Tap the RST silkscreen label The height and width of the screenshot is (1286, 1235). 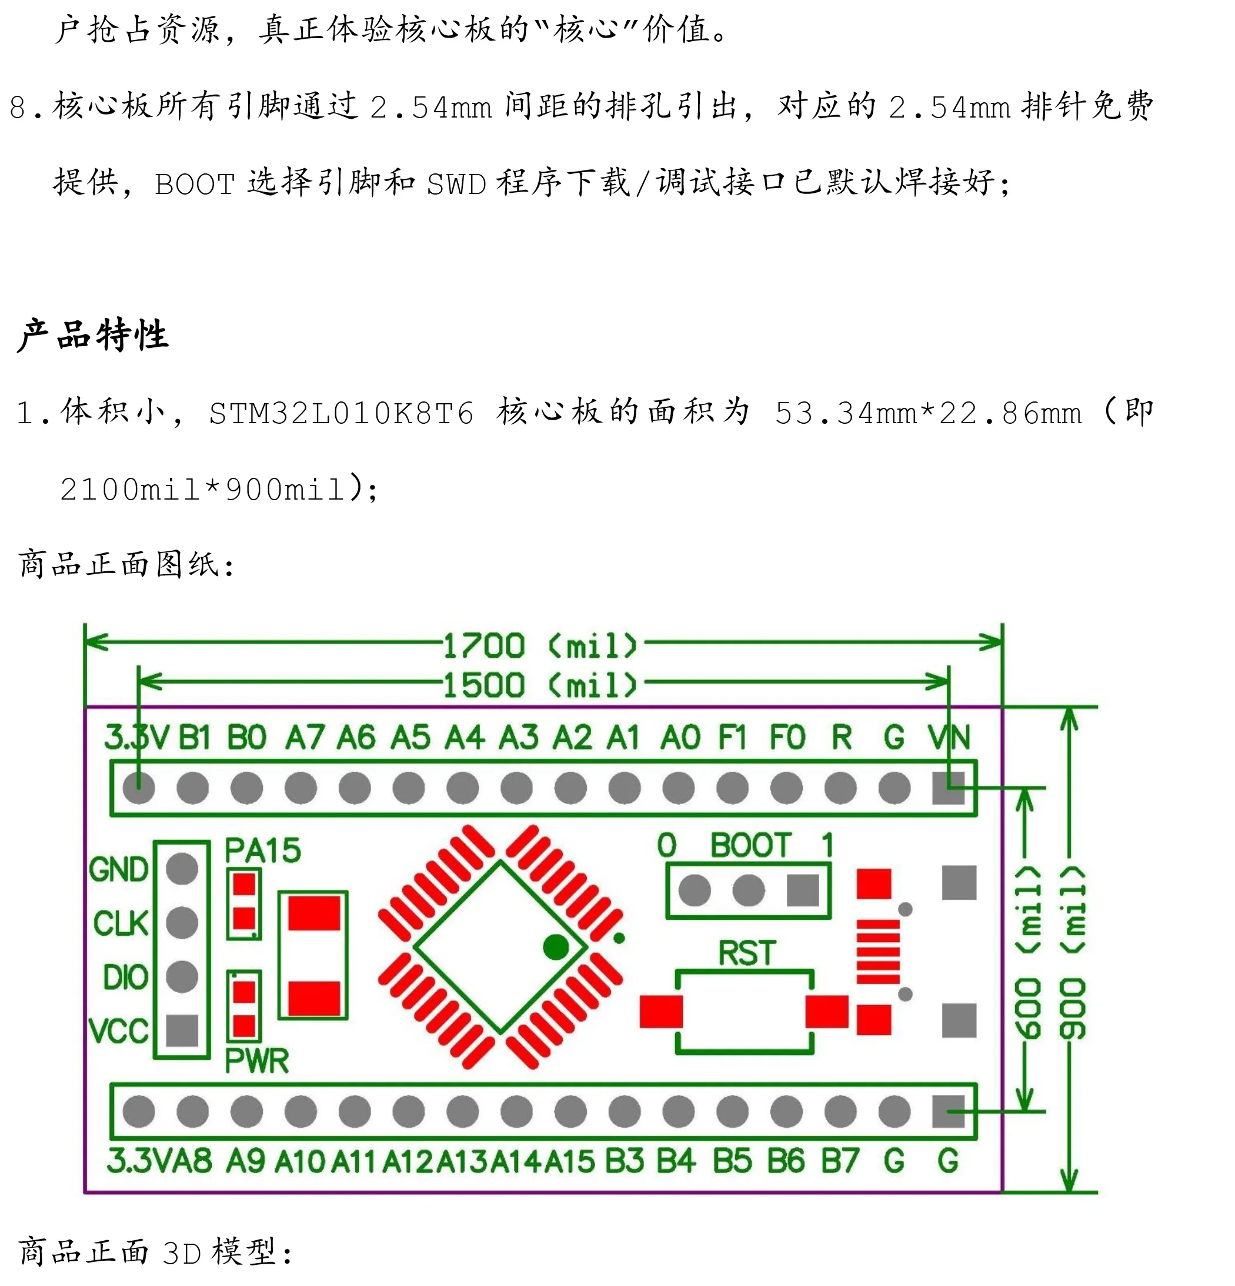pyautogui.click(x=746, y=953)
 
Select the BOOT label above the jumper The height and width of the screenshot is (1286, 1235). pyautogui.click(x=750, y=845)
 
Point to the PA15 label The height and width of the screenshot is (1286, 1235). pyautogui.click(x=263, y=850)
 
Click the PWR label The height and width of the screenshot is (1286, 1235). pyautogui.click(x=257, y=1061)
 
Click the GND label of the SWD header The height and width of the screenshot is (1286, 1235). pyautogui.click(x=119, y=870)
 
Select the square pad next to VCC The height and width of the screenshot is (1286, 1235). pyautogui.click(x=182, y=1030)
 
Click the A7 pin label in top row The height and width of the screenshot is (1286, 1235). pyautogui.click(x=305, y=738)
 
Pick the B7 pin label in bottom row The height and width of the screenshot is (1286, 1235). pyautogui.click(x=840, y=1161)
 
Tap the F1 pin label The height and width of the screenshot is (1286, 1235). pyautogui.click(x=732, y=738)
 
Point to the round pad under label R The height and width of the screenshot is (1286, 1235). pyautogui.click(x=840, y=788)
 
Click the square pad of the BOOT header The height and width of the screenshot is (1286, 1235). pyautogui.click(x=802, y=890)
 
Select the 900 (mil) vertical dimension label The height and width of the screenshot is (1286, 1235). pyautogui.click(x=1072, y=955)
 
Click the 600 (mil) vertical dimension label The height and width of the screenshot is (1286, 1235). pyautogui.click(x=1028, y=955)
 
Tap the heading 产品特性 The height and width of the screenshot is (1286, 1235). pyautogui.click(x=94, y=335)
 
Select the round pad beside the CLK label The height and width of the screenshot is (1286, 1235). pyautogui.click(x=182, y=923)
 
